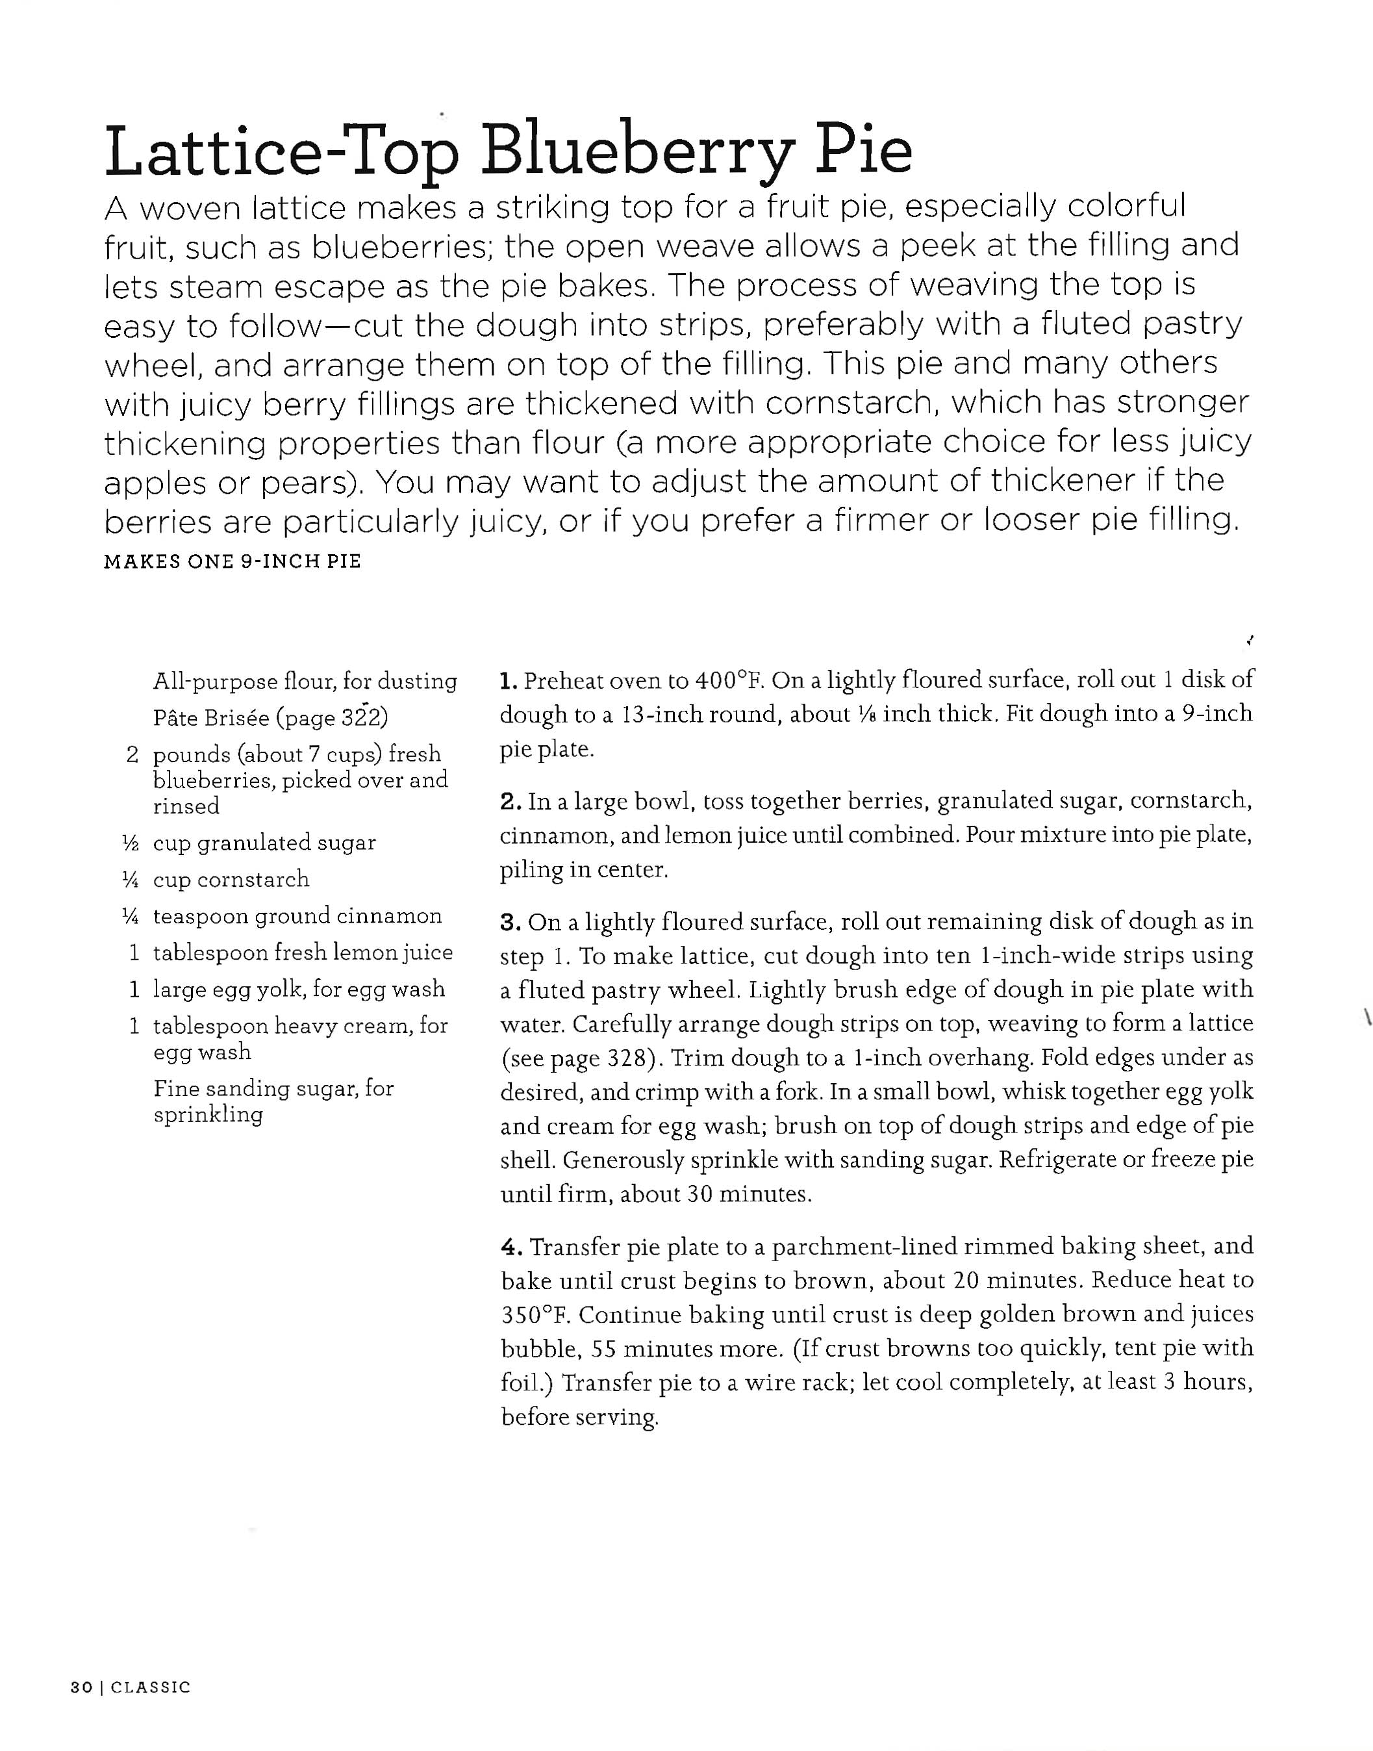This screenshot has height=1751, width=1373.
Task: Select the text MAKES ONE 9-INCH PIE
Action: click(x=233, y=561)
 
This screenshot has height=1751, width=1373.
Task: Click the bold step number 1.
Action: click(x=507, y=682)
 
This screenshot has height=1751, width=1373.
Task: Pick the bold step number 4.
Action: click(x=511, y=1247)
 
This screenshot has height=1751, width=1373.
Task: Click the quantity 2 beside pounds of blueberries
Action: click(x=132, y=754)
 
